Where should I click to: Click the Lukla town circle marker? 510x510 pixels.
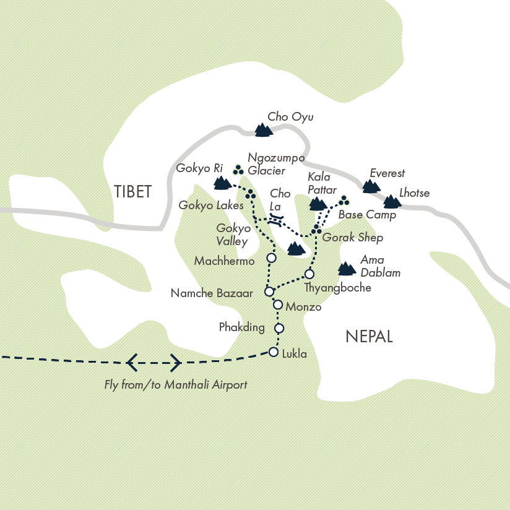click(x=274, y=352)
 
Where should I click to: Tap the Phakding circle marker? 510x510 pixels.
click(x=279, y=328)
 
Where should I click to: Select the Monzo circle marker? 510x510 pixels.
click(x=278, y=305)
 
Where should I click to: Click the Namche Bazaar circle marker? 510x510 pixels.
click(x=269, y=292)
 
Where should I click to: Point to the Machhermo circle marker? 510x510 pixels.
click(x=270, y=257)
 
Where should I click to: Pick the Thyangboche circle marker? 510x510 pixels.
click(x=309, y=274)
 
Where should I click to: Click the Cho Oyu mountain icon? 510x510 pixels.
click(x=264, y=130)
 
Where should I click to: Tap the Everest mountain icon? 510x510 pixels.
click(x=371, y=186)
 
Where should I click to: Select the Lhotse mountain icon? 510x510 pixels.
click(x=392, y=202)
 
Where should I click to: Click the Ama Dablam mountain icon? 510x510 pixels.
click(x=347, y=269)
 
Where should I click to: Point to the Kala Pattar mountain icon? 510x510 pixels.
click(x=318, y=204)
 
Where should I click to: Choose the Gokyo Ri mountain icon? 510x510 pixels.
click(x=222, y=183)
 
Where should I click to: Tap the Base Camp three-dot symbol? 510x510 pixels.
click(x=344, y=201)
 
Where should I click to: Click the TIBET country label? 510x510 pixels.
click(x=132, y=192)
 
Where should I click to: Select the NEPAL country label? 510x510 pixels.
click(x=369, y=337)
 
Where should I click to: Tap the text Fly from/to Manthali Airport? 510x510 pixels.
click(x=176, y=385)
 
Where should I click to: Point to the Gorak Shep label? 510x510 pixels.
click(x=353, y=238)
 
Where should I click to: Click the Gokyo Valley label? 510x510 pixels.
click(x=233, y=235)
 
